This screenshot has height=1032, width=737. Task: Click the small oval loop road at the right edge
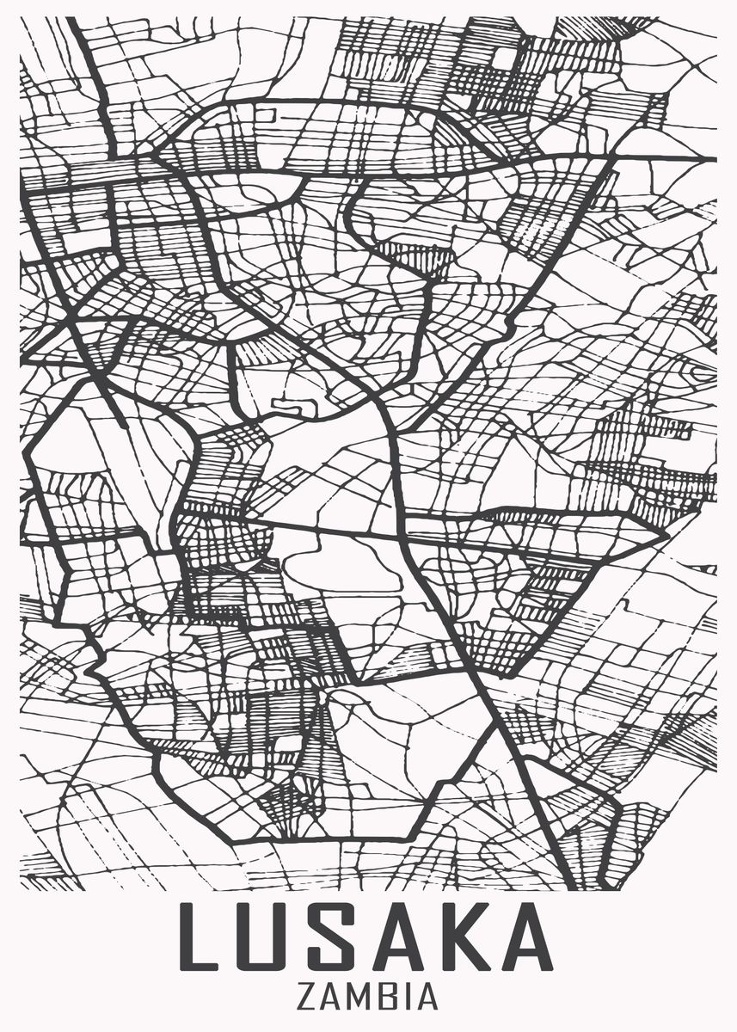tap(702, 372)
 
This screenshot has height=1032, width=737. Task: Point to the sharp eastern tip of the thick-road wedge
tap(666, 533)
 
